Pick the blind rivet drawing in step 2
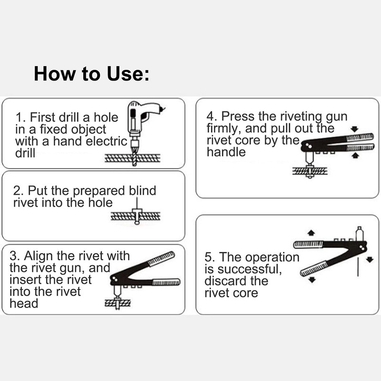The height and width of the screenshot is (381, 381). [x=137, y=215]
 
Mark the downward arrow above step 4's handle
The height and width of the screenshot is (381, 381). [x=354, y=128]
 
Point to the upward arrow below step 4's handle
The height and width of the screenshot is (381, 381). [x=354, y=155]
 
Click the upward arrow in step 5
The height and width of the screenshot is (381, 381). [x=311, y=233]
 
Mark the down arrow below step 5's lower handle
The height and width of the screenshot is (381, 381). [x=312, y=279]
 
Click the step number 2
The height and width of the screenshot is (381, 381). [x=17, y=191]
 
